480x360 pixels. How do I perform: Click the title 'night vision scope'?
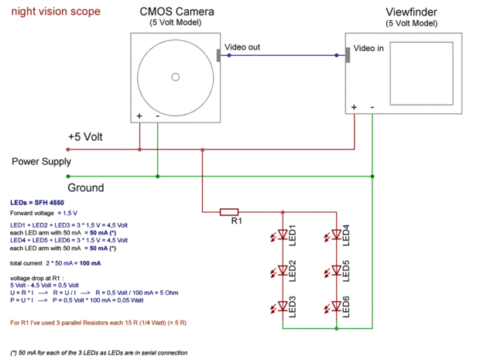click(x=54, y=13)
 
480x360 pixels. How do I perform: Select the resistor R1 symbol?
click(x=230, y=211)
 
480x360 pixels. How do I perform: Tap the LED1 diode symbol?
click(x=283, y=235)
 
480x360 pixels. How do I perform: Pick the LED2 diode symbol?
click(x=283, y=271)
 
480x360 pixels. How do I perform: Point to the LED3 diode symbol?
click(x=283, y=307)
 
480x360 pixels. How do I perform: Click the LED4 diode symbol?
click(x=336, y=235)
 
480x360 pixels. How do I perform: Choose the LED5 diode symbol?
click(x=336, y=271)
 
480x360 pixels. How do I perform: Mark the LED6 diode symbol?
click(x=336, y=307)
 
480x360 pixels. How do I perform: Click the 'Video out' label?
click(x=242, y=48)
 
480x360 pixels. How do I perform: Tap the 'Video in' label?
click(x=369, y=48)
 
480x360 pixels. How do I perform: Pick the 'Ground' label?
click(x=86, y=188)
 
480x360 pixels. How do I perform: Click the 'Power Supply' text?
click(x=41, y=162)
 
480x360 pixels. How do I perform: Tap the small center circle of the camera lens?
click(x=176, y=77)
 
